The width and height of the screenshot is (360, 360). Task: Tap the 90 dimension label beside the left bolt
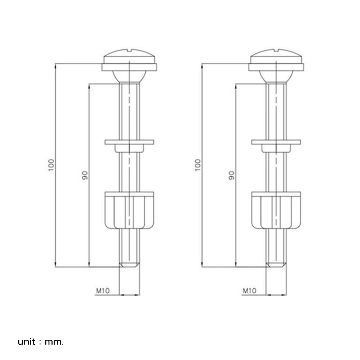pos(85,175)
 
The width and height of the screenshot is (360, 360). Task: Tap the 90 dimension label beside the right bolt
pos(231,175)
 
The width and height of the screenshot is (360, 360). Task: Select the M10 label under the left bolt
pos(103,291)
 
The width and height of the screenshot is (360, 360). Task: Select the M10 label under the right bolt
pos(249,291)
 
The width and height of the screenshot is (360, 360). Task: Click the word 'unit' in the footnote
pos(27,342)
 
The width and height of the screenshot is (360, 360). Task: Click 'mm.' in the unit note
pos(54,342)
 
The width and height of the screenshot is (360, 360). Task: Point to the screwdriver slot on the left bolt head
pos(130,50)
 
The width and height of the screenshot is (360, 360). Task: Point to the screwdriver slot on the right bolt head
pos(276,50)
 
